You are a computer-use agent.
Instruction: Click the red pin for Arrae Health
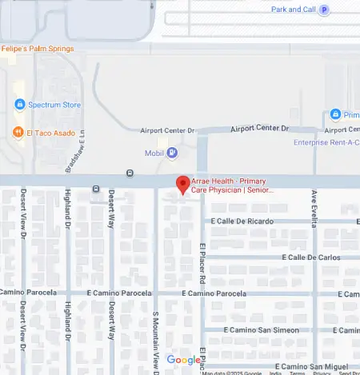pos(182,184)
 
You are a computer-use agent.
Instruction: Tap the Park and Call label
pos(293,10)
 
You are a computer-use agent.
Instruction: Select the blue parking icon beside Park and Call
pos(324,10)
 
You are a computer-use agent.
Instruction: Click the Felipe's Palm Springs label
pos(38,49)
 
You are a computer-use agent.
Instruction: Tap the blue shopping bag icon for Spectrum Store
pos(19,105)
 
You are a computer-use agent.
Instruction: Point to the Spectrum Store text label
pos(54,105)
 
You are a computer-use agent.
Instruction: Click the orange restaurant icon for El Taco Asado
pos(18,133)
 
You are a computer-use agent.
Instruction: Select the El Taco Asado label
pos(50,133)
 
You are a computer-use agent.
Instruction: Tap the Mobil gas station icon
pos(172,152)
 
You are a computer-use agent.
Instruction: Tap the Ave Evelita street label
pos(315,205)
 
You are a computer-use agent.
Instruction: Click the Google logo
pos(183,360)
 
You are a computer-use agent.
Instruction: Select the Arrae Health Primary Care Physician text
pos(233,186)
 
